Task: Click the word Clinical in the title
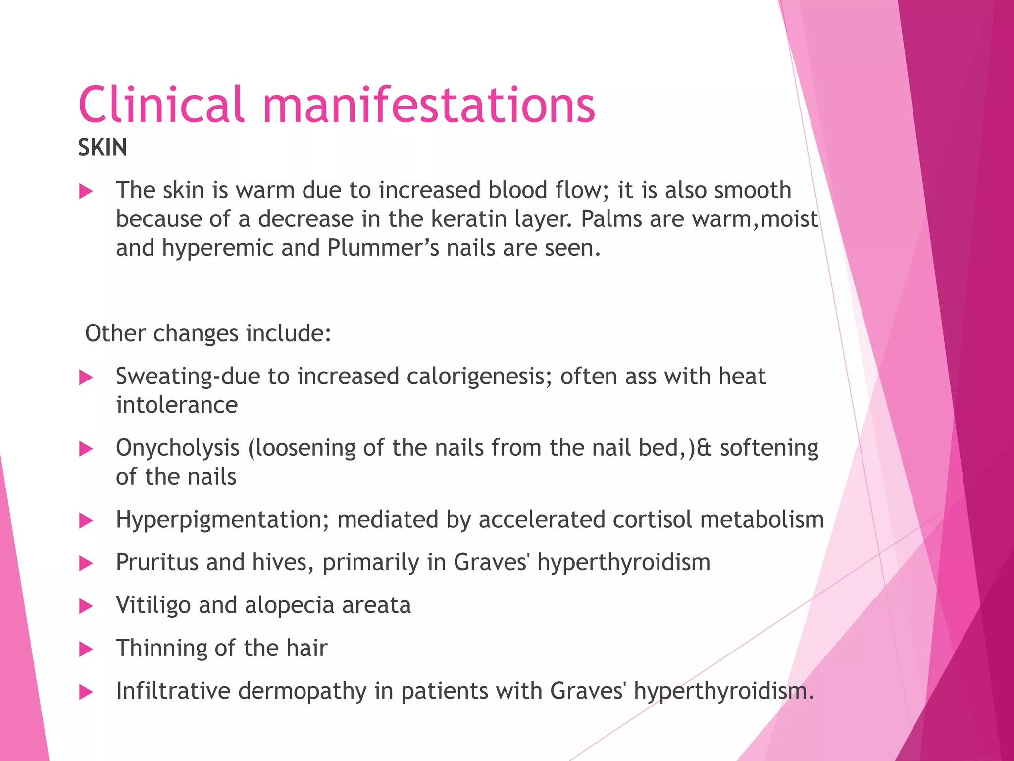[x=161, y=105]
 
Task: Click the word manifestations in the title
[x=428, y=105]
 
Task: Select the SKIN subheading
[x=102, y=148]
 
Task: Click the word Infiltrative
[x=173, y=691]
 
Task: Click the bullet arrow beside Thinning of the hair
[x=86, y=649]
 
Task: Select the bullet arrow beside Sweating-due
[x=86, y=378]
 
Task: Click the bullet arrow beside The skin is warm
[x=86, y=191]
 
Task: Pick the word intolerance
[x=177, y=405]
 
